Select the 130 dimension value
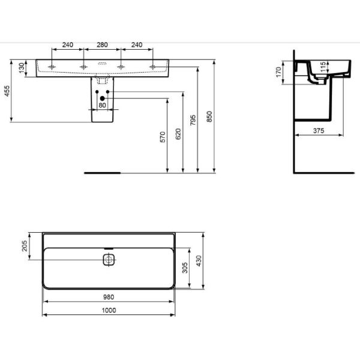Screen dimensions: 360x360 coord(22,68)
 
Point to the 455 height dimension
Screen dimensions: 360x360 coord(8,92)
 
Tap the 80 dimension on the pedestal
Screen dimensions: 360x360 coord(101,106)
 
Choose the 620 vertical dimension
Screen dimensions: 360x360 coord(178,133)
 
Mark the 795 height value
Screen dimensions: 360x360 coord(193,119)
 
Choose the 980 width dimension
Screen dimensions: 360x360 coord(109,296)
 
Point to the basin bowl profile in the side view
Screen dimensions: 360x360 coord(327,75)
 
